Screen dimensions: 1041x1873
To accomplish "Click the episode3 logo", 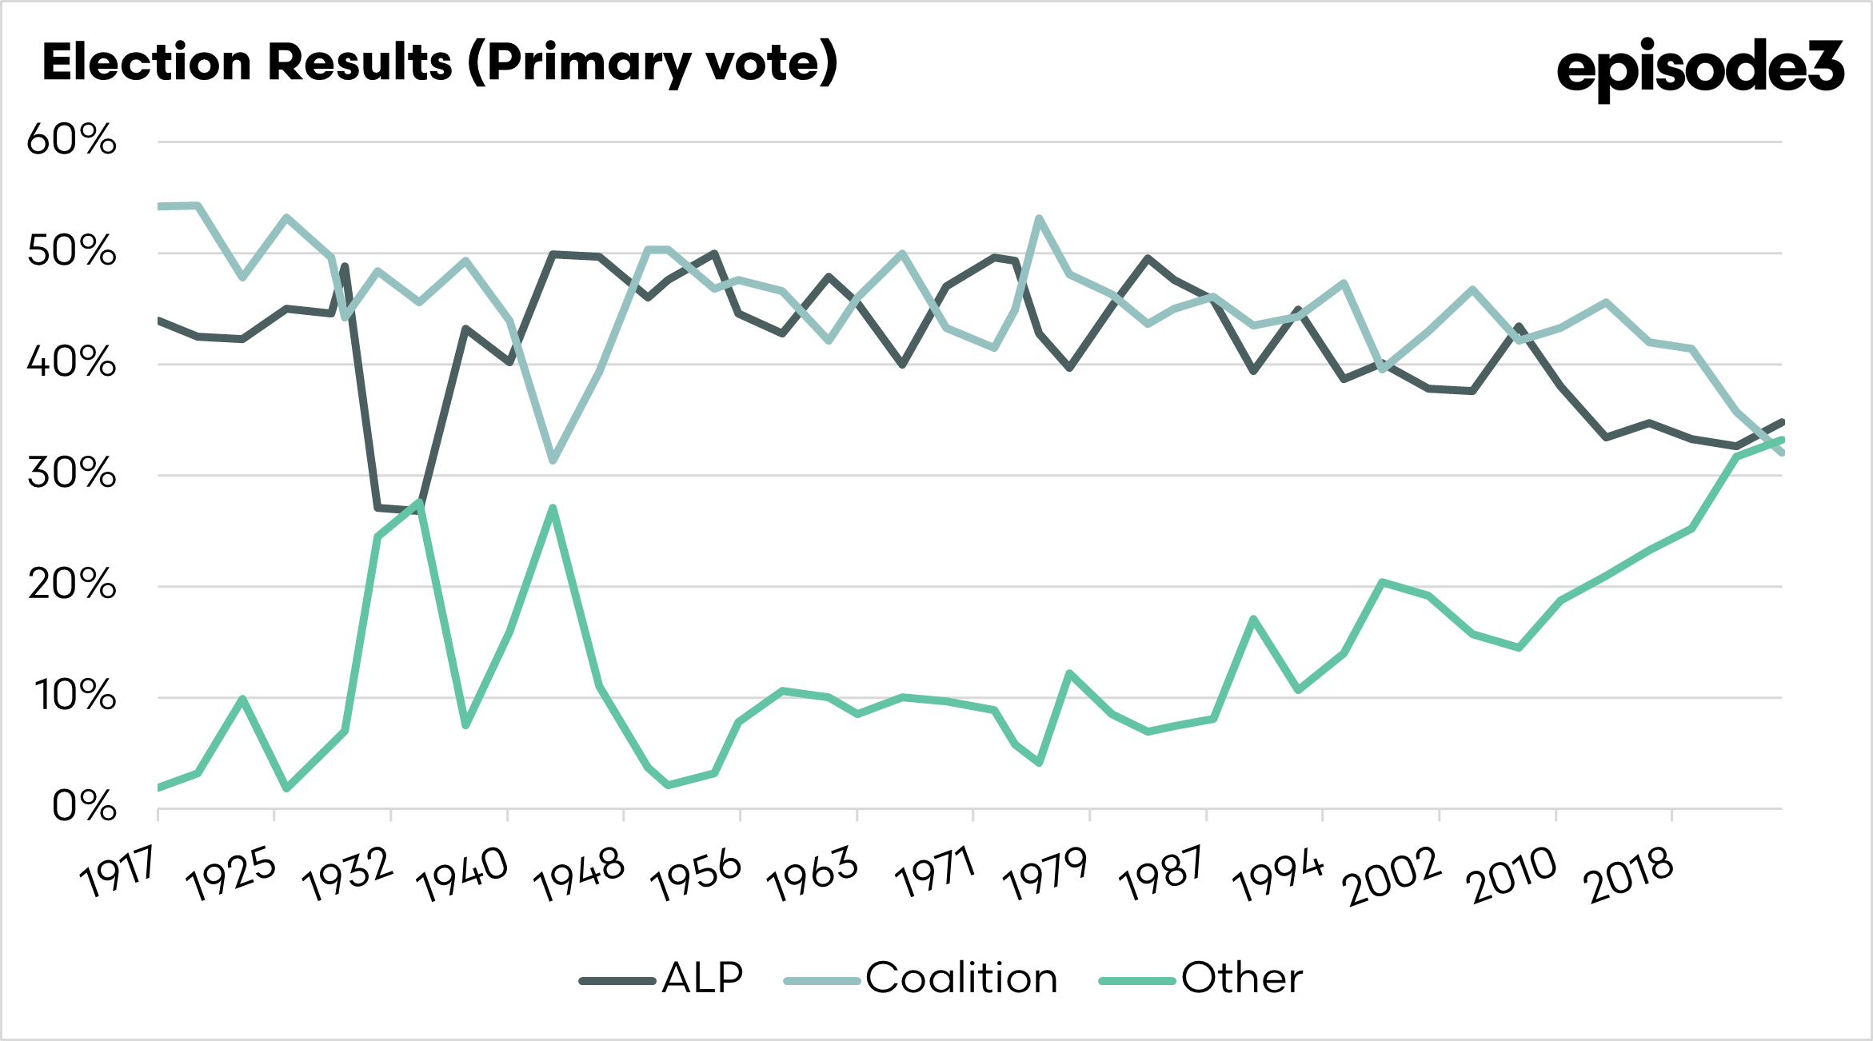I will (1700, 69).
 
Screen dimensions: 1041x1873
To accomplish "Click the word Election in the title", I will (146, 62).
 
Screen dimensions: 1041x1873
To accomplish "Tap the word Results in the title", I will (360, 62).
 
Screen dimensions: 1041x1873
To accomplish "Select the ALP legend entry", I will (662, 979).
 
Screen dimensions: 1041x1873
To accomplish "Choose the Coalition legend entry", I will (921, 979).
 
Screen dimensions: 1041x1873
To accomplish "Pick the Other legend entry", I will (1201, 979).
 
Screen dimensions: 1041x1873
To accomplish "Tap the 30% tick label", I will (72, 473).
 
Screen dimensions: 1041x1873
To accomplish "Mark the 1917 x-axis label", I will (118, 873).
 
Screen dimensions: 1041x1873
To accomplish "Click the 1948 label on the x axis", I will (580, 875).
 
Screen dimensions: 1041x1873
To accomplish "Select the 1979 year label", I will (1045, 875).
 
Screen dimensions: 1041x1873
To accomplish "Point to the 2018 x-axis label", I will (1630, 876).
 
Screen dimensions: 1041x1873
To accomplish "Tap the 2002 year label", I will (1393, 876).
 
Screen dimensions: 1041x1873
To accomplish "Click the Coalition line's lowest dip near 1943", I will (553, 461).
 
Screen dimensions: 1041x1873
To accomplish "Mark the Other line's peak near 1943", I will (553, 508).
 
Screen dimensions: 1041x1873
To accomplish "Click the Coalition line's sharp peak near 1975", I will (1038, 218).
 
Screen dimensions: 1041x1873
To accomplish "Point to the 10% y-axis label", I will (74, 696).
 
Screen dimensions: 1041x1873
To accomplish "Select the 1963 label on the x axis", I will (813, 875).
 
